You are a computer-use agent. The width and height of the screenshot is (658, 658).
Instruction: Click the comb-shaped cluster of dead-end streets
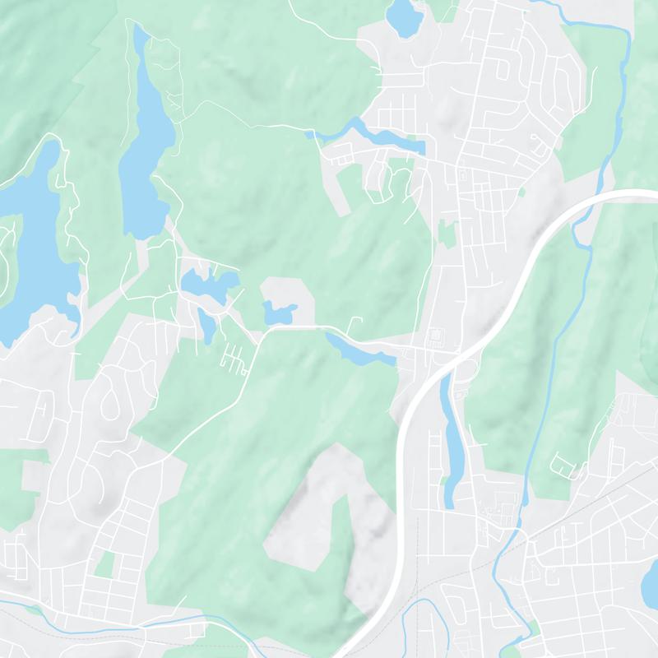pyautogui.click(x=234, y=358)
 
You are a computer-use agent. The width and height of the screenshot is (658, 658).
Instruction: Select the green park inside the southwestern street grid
pyautogui.click(x=104, y=564)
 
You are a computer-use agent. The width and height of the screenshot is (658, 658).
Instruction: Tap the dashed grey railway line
pyautogui.click(x=576, y=510)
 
